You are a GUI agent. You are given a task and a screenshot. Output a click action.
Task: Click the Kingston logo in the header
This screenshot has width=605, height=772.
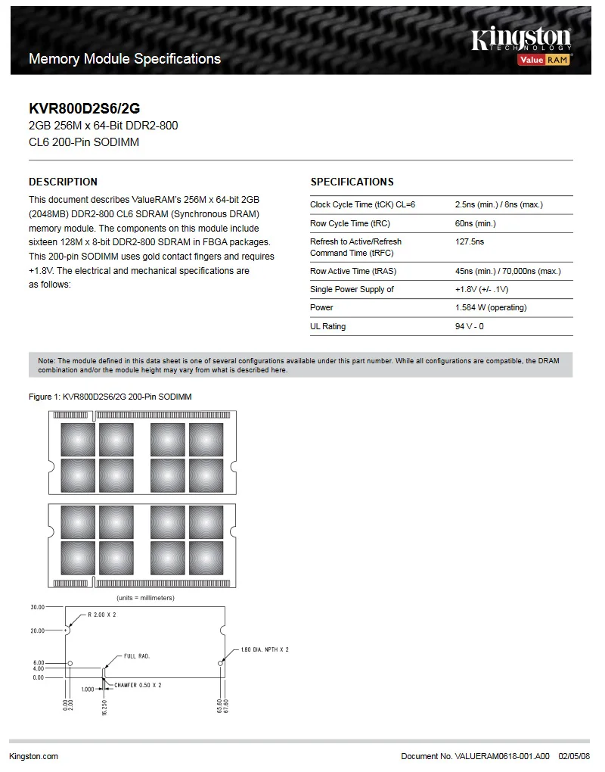pyautogui.click(x=521, y=39)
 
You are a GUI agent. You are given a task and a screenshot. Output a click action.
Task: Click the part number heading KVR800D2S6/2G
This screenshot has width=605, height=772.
pyautogui.click(x=84, y=108)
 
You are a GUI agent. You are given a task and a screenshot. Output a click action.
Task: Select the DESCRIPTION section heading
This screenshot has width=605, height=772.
pyautogui.click(x=63, y=182)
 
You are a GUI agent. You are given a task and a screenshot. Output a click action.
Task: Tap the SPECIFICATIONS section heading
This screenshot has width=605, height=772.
pyautogui.click(x=352, y=182)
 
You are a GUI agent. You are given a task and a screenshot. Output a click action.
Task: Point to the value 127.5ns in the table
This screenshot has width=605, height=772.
pyautogui.click(x=470, y=241)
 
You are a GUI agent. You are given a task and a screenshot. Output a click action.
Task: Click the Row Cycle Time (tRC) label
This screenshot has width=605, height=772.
pyautogui.click(x=349, y=223)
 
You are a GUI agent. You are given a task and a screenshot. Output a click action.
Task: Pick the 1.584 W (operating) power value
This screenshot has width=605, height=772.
pyautogui.click(x=491, y=307)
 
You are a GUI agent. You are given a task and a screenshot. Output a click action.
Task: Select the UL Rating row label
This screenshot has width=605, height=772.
pyautogui.click(x=327, y=326)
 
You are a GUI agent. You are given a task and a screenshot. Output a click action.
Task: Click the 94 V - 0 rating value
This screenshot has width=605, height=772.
pyautogui.click(x=470, y=326)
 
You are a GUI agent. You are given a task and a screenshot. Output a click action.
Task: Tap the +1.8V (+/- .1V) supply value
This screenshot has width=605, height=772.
pyautogui.click(x=482, y=289)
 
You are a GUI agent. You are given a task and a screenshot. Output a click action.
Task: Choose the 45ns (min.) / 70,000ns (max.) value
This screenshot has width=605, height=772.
pyautogui.click(x=507, y=271)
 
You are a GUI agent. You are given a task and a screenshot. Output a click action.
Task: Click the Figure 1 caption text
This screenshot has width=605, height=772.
pyautogui.click(x=110, y=397)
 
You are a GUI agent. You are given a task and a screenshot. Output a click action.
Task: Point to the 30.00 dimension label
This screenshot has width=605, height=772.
pyautogui.click(x=37, y=607)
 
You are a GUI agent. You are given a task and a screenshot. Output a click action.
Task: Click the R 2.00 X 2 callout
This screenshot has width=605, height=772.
pyautogui.click(x=102, y=615)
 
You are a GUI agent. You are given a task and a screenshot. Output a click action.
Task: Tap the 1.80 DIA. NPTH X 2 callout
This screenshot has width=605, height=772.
pyautogui.click(x=264, y=649)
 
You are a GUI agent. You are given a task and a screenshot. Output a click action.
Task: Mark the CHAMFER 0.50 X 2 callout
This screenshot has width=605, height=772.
pyautogui.click(x=138, y=685)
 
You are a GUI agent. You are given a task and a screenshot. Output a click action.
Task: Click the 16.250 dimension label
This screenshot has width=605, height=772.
pyautogui.click(x=104, y=705)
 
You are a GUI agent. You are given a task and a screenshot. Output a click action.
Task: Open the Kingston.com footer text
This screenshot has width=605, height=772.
pyautogui.click(x=34, y=756)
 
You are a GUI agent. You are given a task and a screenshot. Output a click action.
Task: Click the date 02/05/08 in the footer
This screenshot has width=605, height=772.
pyautogui.click(x=574, y=756)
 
